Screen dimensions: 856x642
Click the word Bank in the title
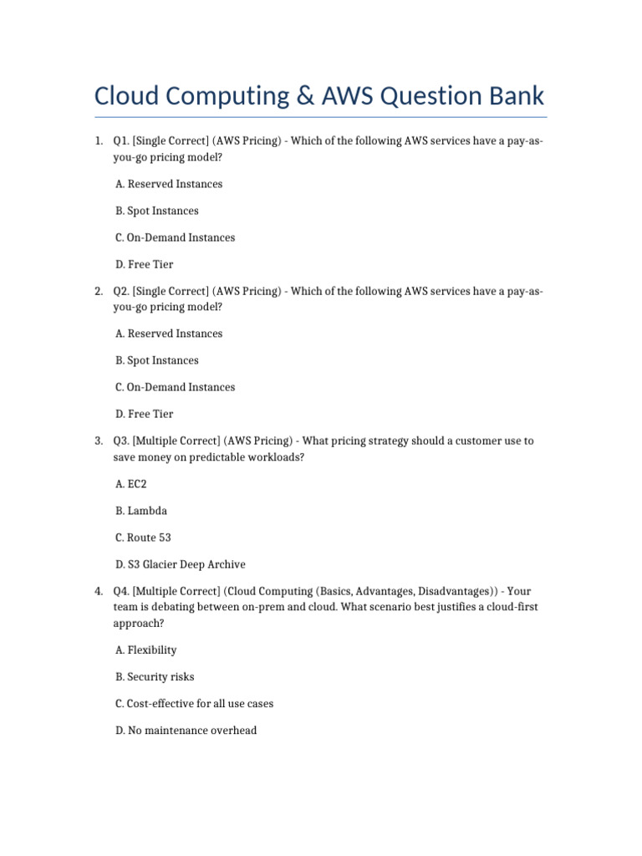(x=512, y=96)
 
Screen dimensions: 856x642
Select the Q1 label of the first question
(x=121, y=141)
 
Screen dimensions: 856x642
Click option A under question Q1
(x=168, y=184)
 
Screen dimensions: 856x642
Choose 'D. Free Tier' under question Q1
(x=144, y=264)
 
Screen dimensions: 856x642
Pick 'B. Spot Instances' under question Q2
(x=156, y=360)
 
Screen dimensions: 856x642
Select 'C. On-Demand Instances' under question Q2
(x=175, y=387)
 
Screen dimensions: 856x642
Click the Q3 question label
(x=121, y=441)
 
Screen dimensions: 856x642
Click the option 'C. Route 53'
(x=143, y=538)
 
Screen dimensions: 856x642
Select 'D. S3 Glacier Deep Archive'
(x=180, y=564)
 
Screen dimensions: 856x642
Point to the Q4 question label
(x=121, y=591)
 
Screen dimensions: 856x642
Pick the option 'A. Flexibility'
(x=145, y=650)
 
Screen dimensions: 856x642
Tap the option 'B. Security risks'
(x=155, y=676)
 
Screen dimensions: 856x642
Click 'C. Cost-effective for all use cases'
(x=194, y=703)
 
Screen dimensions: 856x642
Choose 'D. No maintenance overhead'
(x=186, y=730)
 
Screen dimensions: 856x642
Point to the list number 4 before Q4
(x=99, y=591)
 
